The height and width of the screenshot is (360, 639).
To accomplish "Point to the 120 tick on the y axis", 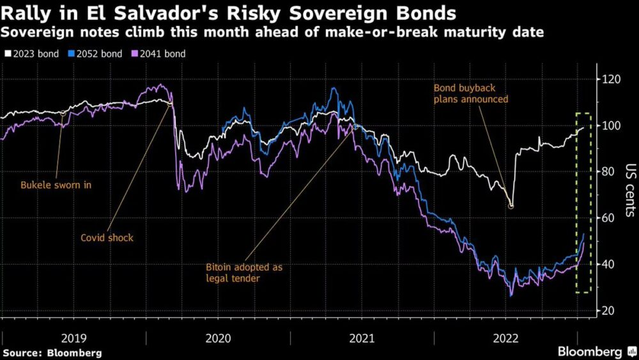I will (612, 79).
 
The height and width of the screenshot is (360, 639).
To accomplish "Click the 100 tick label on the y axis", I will (612, 125).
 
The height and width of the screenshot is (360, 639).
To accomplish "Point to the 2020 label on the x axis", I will (218, 338).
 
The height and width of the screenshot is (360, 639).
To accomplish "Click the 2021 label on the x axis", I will (362, 338).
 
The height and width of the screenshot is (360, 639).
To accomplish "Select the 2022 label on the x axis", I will (505, 338).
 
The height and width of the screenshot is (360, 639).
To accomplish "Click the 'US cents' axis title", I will (629, 192).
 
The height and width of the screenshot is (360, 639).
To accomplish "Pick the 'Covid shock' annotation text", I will (107, 238).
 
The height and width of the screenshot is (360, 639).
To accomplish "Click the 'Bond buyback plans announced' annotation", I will (470, 93).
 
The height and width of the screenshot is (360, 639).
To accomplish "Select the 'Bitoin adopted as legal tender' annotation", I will (243, 272).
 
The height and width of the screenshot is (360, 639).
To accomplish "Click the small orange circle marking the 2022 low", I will (511, 206).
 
